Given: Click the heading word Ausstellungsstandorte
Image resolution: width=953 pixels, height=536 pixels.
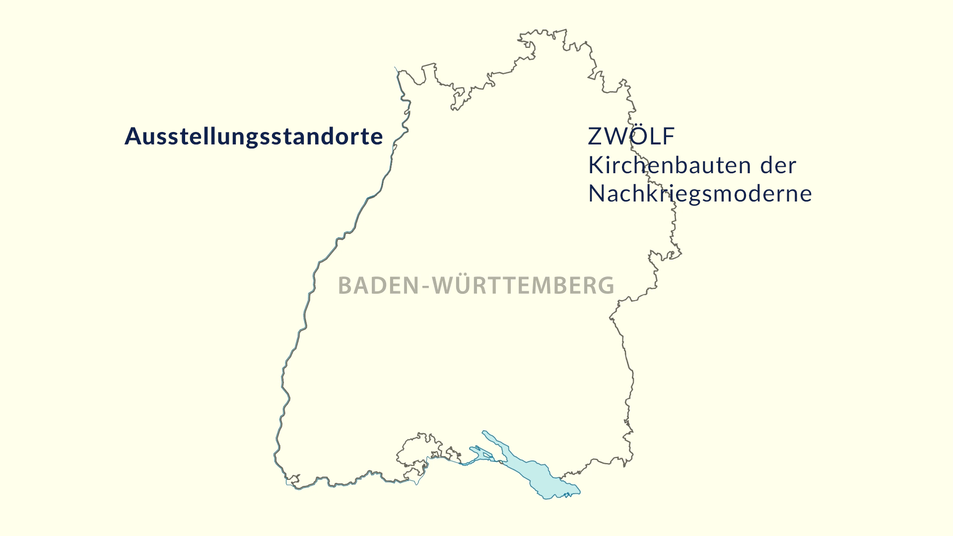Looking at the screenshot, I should pos(253,136).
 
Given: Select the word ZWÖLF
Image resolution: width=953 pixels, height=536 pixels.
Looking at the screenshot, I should pos(631,136).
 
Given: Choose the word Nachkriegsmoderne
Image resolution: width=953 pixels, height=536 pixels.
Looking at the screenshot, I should pos(700,194).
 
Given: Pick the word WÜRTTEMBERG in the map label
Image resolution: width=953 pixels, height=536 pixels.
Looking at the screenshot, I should pos(523,286).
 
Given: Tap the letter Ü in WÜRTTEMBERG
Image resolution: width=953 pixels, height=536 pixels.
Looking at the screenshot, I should pos(459,285).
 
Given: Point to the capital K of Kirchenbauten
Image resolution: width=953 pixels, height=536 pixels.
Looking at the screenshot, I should pos(595,165).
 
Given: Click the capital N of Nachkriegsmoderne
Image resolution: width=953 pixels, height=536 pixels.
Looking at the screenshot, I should pos(596,194).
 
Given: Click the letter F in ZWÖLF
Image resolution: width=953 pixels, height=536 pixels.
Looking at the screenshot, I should pos(669,136).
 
